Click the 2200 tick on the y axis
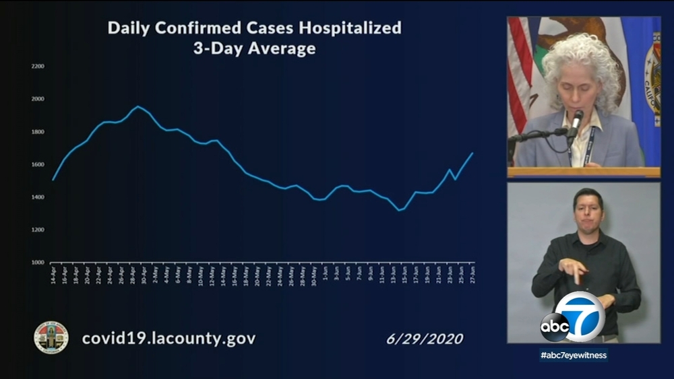click(x=38, y=66)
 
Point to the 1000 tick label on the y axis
click(x=38, y=263)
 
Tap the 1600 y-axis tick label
click(x=38, y=164)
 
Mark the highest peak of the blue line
click(x=137, y=106)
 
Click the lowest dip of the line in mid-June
click(x=399, y=210)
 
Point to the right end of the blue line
click(x=472, y=153)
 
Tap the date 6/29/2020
click(x=425, y=339)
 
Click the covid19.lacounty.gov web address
click(x=168, y=338)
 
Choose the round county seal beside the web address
click(x=51, y=337)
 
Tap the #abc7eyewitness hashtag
click(x=574, y=355)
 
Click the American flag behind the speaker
click(x=520, y=74)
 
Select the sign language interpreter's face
click(x=587, y=211)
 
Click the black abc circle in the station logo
click(x=554, y=327)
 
